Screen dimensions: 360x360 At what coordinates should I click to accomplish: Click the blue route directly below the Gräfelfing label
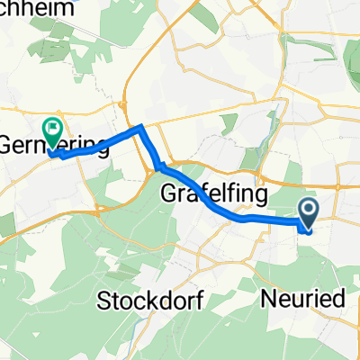[212, 208]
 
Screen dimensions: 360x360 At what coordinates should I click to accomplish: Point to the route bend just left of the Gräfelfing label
[159, 166]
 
